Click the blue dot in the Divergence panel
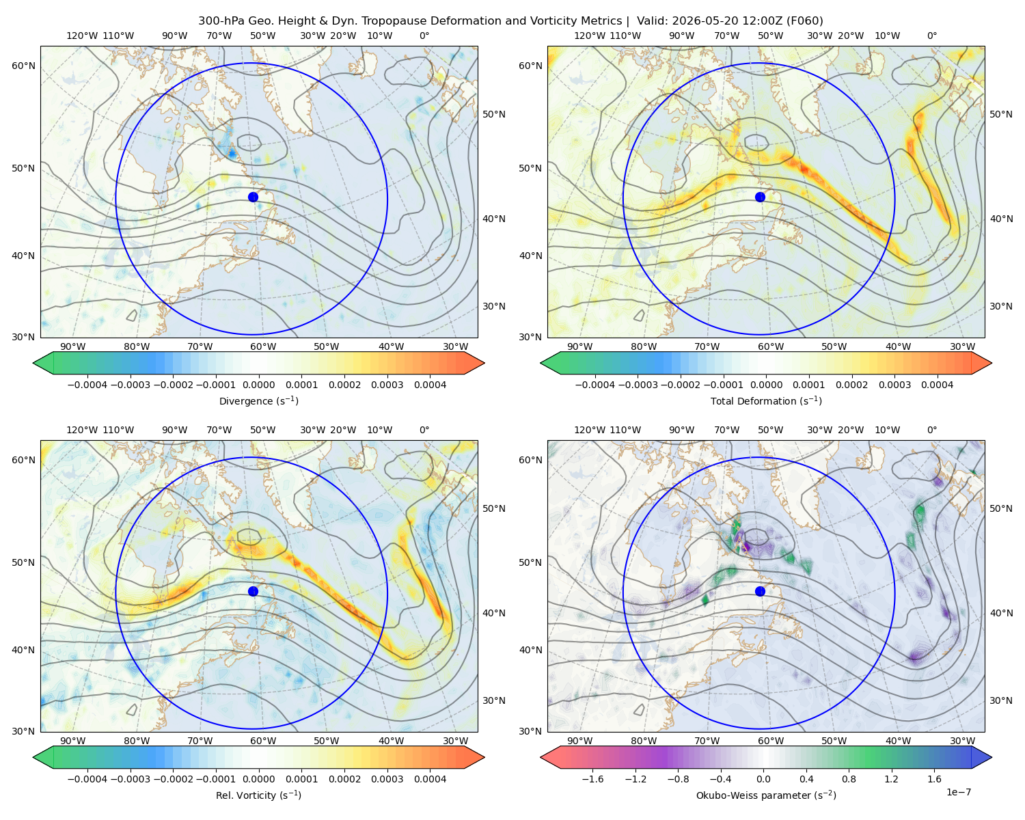pyautogui.click(x=253, y=197)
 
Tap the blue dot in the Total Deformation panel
pyautogui.click(x=760, y=197)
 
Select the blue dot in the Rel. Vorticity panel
pyautogui.click(x=253, y=591)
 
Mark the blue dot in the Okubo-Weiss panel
pyautogui.click(x=760, y=591)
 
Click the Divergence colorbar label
pyautogui.click(x=258, y=400)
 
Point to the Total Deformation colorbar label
pyautogui.click(x=766, y=400)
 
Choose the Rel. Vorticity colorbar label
pyautogui.click(x=258, y=795)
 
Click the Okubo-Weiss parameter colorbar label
pyautogui.click(x=766, y=795)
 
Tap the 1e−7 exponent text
pyautogui.click(x=958, y=792)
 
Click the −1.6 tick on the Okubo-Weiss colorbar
pyautogui.click(x=592, y=779)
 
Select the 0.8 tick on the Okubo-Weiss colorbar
pyautogui.click(x=849, y=779)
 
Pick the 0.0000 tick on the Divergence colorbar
pyautogui.click(x=258, y=385)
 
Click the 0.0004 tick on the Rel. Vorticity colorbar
pyautogui.click(x=430, y=779)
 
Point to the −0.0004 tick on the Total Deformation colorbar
pyautogui.click(x=595, y=385)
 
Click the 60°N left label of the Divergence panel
pyautogui.click(x=23, y=66)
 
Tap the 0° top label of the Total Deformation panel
pyautogui.click(x=931, y=36)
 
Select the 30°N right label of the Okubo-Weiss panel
pyautogui.click(x=1000, y=700)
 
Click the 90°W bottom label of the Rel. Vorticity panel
pyautogui.click(x=73, y=741)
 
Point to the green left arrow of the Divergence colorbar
pyautogui.click(x=43, y=363)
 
